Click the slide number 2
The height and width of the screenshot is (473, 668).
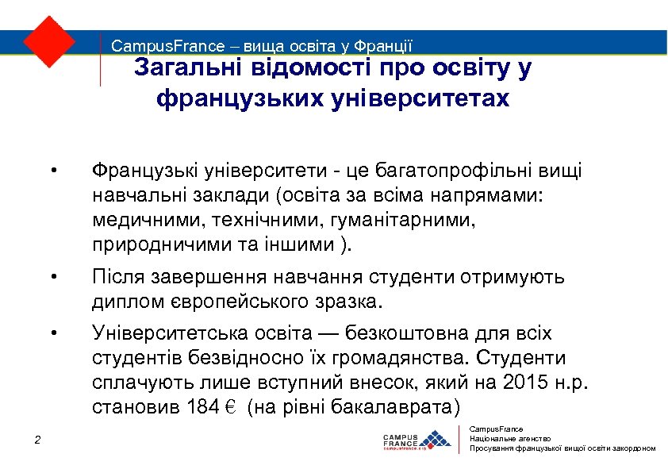click(x=37, y=441)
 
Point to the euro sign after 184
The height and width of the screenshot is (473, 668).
click(x=226, y=409)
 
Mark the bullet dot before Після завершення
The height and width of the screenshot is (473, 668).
click(x=52, y=277)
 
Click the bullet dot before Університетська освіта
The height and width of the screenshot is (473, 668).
click(x=52, y=332)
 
